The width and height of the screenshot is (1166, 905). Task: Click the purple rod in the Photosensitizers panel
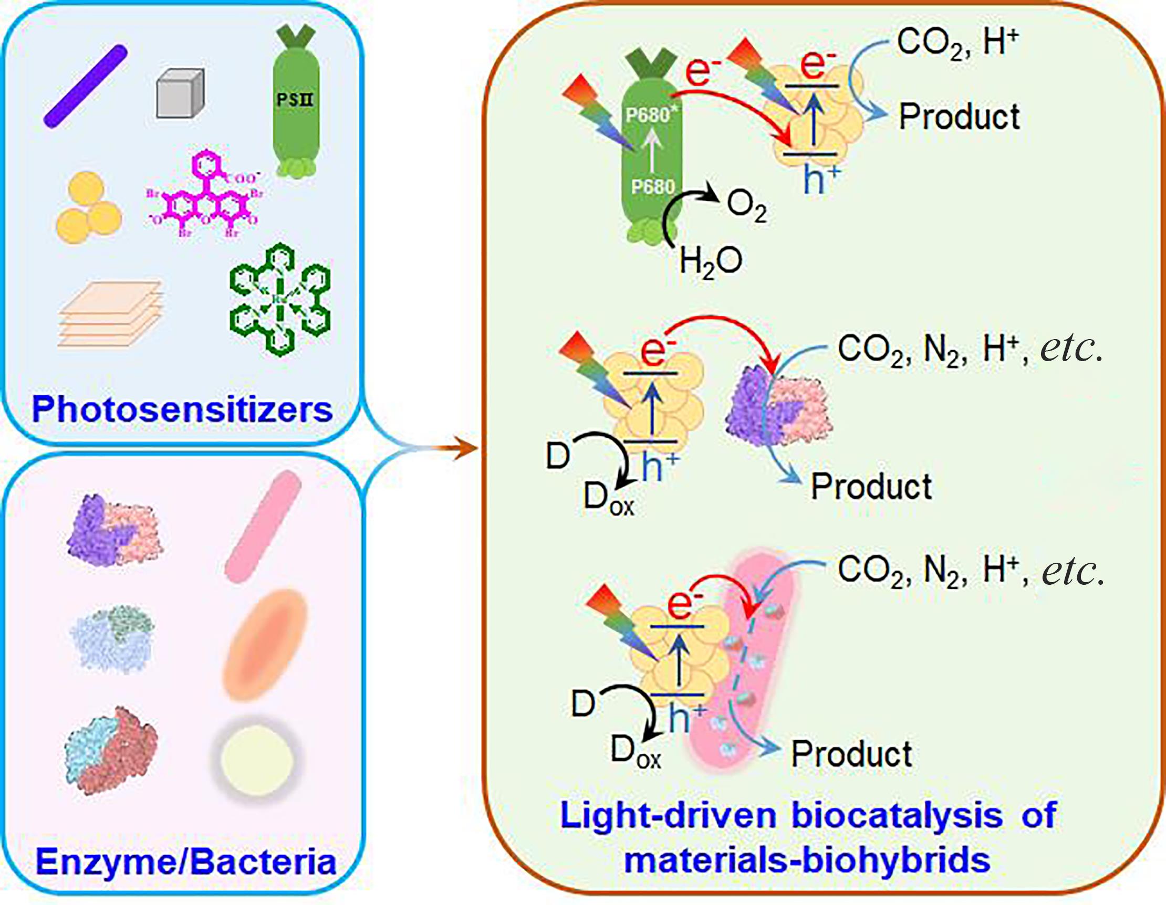(x=86, y=87)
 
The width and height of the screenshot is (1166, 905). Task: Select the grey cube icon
(x=181, y=93)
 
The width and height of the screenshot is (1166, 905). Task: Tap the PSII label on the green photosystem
(x=295, y=99)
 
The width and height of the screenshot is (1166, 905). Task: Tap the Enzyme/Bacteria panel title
(x=185, y=861)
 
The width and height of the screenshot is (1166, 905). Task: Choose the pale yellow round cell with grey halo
(x=257, y=760)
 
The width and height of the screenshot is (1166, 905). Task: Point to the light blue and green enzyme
(x=112, y=638)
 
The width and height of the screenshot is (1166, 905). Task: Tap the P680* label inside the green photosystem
(x=648, y=115)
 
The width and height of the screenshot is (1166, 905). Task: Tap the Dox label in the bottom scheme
(x=636, y=752)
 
